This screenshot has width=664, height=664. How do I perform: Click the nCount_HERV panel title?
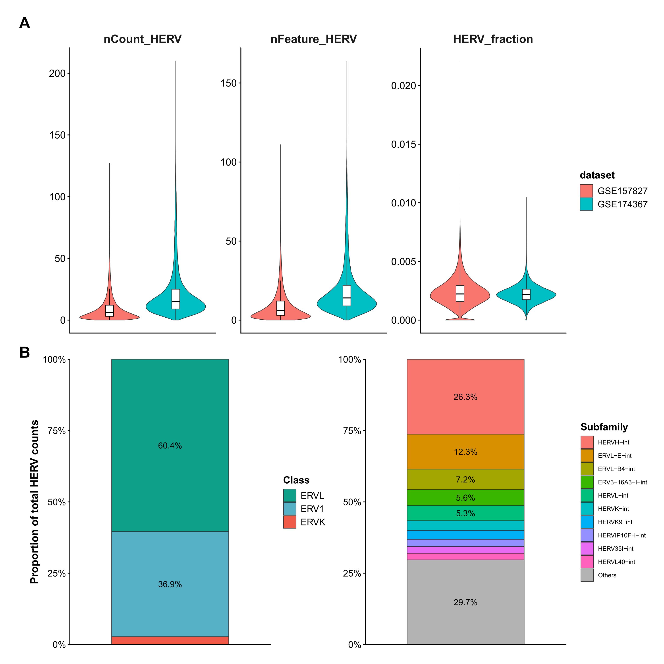142,39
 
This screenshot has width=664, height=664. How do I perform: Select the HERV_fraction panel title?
493,39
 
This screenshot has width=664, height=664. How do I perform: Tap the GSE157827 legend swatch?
586,191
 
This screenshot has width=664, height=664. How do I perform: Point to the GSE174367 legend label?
622,204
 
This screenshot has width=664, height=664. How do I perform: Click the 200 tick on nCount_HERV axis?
57,73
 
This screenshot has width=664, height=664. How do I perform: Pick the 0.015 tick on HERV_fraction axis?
403,144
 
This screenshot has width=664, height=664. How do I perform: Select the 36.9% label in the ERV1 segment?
170,584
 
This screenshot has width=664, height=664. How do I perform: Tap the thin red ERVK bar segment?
170,640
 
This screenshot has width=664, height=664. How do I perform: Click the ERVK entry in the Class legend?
312,522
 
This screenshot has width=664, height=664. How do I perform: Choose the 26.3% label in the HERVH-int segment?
465,397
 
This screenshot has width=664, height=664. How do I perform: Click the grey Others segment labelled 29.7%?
465,602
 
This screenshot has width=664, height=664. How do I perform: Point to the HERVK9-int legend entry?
615,522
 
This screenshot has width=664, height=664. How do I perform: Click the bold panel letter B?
24,353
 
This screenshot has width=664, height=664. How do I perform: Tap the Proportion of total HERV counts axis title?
34,502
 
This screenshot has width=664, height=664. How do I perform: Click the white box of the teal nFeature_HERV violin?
347,295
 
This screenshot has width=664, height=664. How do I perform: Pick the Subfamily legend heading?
604,427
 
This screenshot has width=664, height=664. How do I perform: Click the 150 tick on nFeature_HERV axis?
229,83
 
